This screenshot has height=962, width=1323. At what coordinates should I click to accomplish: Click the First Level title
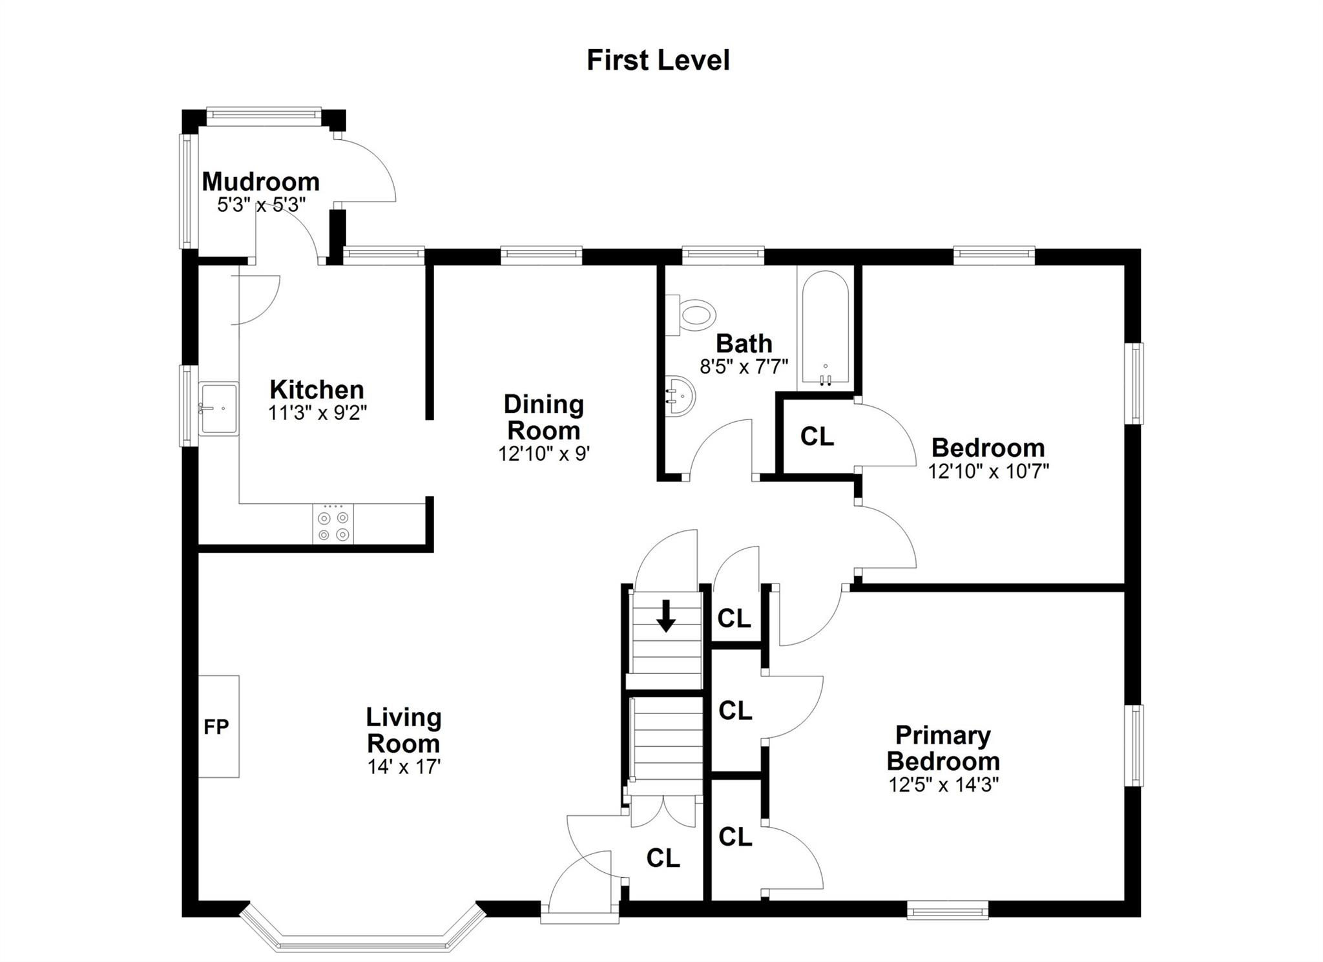pos(658,60)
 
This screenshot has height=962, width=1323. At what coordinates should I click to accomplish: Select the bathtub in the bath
pos(825,328)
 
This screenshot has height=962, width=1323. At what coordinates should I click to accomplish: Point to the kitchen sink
pos(218,408)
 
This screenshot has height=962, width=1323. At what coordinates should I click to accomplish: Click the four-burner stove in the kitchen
pos(333,523)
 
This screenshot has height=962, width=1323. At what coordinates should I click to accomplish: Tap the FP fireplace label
pos(216,727)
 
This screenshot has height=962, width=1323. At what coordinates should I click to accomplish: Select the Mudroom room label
pos(261,182)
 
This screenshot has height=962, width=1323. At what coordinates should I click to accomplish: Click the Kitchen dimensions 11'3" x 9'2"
pos(317,413)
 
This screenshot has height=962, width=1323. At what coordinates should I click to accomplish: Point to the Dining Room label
pos(543,417)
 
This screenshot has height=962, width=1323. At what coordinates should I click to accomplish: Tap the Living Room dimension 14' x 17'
pos(404,767)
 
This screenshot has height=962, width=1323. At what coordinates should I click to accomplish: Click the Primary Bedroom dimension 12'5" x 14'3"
pos(944,785)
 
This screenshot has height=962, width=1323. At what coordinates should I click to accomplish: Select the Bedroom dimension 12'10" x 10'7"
pos(988,471)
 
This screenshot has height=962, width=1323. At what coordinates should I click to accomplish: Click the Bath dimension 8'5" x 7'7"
pos(744,367)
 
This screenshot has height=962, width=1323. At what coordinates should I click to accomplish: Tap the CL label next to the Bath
pos(817,437)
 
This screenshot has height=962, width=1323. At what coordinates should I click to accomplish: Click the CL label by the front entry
pos(663,858)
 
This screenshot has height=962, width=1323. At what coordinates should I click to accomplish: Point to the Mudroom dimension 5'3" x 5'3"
pos(261,205)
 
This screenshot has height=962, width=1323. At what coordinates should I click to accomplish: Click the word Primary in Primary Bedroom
pos(943,736)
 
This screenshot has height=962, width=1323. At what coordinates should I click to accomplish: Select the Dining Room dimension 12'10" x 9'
pos(543,454)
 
